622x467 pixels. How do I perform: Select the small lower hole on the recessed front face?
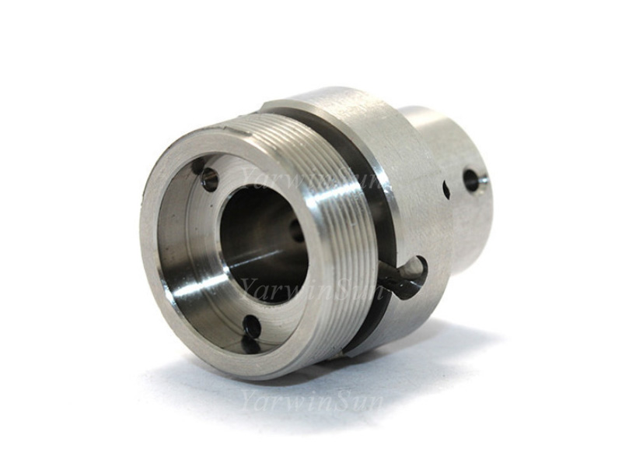pos(250,324)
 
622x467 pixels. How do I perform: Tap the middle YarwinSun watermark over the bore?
pos(313,289)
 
